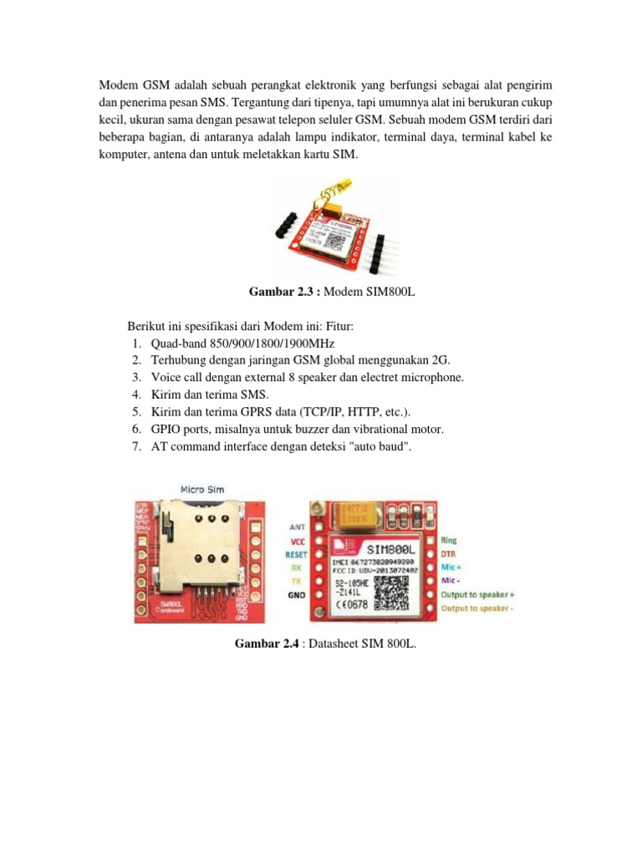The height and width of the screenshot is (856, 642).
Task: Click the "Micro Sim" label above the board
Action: coord(202,488)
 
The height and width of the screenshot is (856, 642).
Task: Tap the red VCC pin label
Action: coord(297,541)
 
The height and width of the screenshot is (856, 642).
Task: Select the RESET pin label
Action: coord(296,553)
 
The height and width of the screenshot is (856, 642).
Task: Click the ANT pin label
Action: coord(297,527)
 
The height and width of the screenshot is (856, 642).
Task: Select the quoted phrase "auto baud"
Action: coord(382,447)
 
